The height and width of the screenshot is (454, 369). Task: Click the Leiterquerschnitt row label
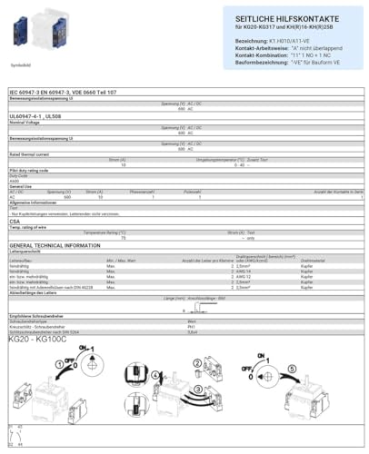(x=27, y=252)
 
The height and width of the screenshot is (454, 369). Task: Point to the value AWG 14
(x=242, y=271)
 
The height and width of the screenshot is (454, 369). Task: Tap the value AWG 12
(x=242, y=276)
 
